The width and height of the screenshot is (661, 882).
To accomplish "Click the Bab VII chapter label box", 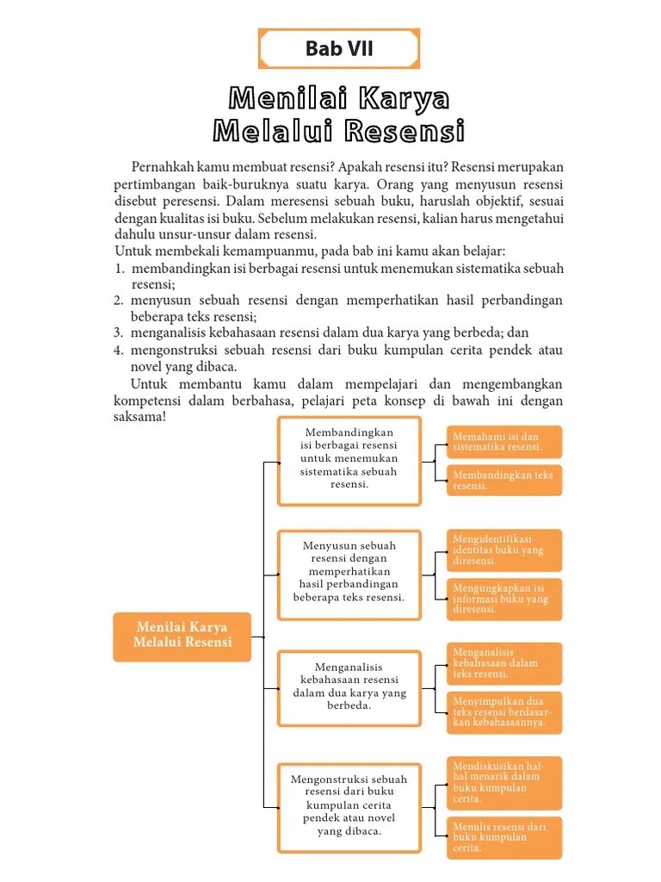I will [339, 48].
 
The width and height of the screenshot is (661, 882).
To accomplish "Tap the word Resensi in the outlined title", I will [405, 132].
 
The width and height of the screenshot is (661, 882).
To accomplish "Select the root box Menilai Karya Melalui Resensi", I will [182, 636].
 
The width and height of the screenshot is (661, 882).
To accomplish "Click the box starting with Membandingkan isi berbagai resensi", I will [349, 460].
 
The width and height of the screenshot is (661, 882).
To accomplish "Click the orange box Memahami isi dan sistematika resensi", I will [503, 442].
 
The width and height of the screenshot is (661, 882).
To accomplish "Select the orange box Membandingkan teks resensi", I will [503, 480].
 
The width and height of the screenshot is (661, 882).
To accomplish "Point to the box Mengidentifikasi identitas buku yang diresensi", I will [503, 550].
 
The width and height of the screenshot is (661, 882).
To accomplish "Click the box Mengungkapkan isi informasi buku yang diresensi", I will [503, 599].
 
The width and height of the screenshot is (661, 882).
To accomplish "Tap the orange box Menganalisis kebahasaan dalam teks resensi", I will [503, 663].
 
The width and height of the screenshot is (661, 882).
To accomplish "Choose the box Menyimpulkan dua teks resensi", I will [503, 711].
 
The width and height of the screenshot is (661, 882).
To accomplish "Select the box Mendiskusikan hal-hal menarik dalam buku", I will [503, 782].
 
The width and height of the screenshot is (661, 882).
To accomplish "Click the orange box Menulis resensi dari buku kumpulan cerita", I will [503, 837].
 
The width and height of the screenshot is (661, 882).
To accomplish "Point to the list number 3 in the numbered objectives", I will [119, 333].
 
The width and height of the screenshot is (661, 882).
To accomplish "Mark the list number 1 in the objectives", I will [119, 270].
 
